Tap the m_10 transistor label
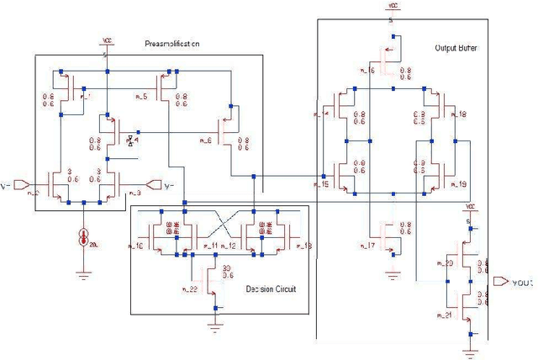pyautogui.click(x=137, y=246)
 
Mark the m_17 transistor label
pyautogui.click(x=366, y=246)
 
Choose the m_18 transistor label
pyautogui.click(x=461, y=114)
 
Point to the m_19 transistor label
pyautogui.click(x=461, y=183)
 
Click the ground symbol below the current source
pyautogui.click(x=84, y=271)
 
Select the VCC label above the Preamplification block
pyautogui.click(x=106, y=40)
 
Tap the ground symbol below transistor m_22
pyautogui.click(x=215, y=318)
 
